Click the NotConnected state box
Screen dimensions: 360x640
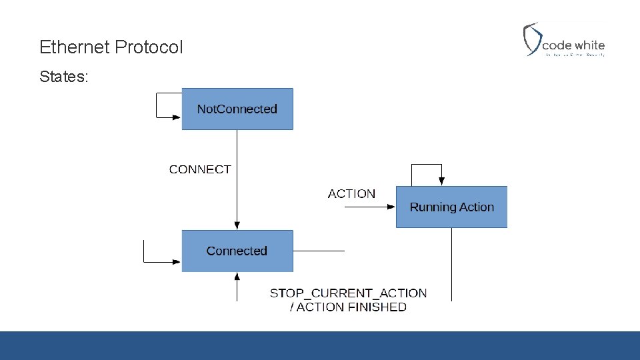(237, 109)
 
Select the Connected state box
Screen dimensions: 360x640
(237, 251)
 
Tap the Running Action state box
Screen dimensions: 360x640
(451, 207)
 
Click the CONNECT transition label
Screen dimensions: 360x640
(200, 169)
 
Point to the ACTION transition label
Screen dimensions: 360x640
(351, 194)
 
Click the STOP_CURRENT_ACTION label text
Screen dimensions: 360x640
(348, 293)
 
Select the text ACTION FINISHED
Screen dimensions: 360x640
(351, 307)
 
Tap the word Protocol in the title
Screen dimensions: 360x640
(149, 47)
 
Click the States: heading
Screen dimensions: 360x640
(63, 77)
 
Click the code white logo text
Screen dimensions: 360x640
(573, 45)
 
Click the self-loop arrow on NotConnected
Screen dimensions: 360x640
(157, 105)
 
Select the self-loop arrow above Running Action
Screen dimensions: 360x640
(427, 165)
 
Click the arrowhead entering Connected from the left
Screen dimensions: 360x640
(177, 262)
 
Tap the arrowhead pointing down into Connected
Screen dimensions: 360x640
(237, 226)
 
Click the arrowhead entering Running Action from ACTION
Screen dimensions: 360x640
(391, 207)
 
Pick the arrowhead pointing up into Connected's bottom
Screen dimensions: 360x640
(237, 275)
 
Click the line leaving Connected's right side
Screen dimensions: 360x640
(319, 251)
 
